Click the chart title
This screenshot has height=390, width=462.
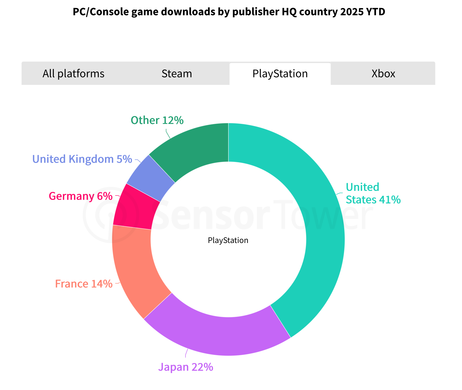(229, 12)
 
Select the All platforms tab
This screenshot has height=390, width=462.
(73, 74)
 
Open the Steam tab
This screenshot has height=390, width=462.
(177, 74)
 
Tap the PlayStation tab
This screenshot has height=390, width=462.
(280, 74)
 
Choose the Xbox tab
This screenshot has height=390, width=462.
(383, 74)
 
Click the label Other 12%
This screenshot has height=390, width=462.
(157, 120)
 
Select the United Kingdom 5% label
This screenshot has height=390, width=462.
(82, 159)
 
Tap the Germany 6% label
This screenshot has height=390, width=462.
(81, 196)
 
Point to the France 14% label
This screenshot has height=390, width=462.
(84, 284)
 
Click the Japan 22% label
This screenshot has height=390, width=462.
(186, 367)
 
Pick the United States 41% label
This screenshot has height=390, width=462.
(373, 193)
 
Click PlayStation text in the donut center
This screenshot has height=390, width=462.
(228, 240)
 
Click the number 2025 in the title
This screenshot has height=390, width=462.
(350, 12)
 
